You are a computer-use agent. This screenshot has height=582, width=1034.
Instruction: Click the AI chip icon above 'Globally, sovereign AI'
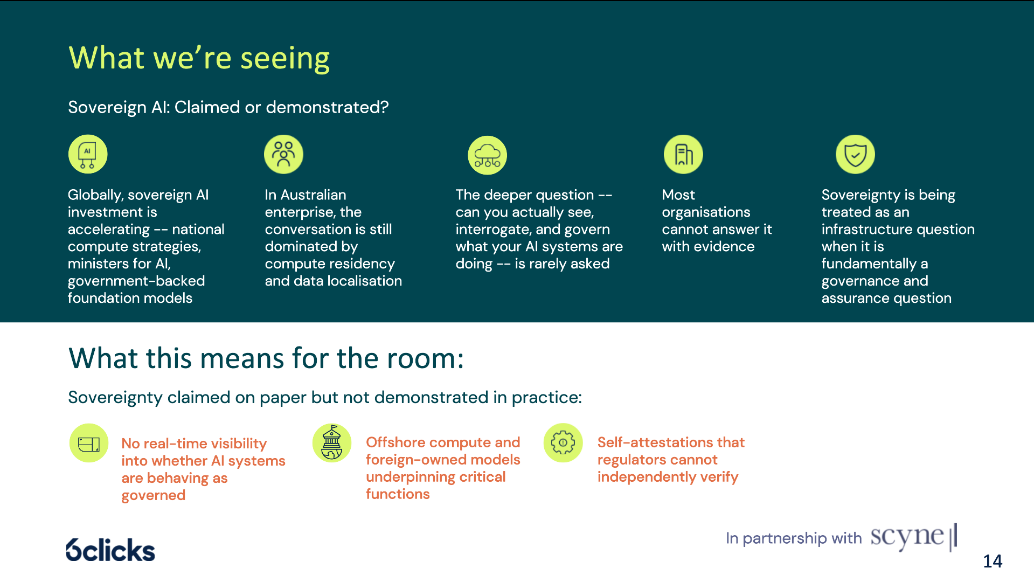[88, 154]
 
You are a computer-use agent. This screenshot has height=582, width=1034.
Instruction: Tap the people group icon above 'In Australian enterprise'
[283, 154]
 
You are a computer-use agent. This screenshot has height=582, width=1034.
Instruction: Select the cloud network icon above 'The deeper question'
[487, 155]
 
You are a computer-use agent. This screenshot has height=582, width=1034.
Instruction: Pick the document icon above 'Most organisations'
[683, 154]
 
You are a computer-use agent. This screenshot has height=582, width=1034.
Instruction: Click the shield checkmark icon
[855, 154]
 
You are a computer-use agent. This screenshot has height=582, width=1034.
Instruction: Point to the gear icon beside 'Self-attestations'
[563, 442]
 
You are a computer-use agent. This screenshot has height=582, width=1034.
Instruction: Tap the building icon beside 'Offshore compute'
[332, 442]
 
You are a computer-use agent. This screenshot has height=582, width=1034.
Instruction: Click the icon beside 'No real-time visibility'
[89, 443]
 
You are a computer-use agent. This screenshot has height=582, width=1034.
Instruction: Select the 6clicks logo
[110, 550]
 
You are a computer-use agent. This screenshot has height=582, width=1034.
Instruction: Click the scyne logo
[914, 537]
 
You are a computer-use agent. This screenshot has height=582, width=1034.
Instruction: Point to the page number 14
[993, 561]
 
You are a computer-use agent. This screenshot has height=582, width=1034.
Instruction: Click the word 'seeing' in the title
[285, 59]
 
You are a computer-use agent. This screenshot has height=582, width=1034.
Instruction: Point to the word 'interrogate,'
[494, 230]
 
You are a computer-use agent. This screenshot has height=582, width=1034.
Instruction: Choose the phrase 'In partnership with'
[794, 538]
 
